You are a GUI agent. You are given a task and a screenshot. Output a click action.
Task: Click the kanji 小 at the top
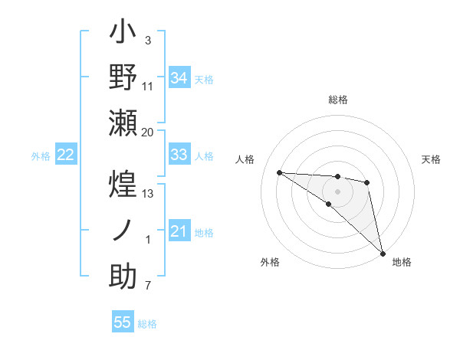coord(123,34)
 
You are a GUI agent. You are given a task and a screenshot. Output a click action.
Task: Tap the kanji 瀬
coord(123,123)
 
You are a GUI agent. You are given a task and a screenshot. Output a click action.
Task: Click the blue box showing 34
coord(179,77)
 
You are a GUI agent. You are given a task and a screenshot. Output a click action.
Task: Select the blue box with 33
coord(179,155)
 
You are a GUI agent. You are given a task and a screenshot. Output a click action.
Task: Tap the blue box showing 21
coord(179,231)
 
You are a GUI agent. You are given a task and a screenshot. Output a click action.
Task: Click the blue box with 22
coord(66,155)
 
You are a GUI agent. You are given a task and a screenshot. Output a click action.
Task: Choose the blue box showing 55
coord(123,322)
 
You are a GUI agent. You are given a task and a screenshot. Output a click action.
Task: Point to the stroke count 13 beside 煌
coord(148,194)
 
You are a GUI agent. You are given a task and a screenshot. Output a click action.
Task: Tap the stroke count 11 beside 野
coord(148,86)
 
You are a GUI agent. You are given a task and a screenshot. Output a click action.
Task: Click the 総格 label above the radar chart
coord(338,100)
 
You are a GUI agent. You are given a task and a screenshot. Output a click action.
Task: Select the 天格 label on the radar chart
coord(431,159)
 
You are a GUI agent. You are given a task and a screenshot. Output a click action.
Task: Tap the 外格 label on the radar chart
coord(269,262)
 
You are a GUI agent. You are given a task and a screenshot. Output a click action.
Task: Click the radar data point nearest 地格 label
coord(383,253)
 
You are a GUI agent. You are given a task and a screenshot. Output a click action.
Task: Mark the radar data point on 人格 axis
coord(279,172)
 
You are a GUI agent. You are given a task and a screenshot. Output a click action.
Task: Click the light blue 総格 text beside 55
coord(147,324)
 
